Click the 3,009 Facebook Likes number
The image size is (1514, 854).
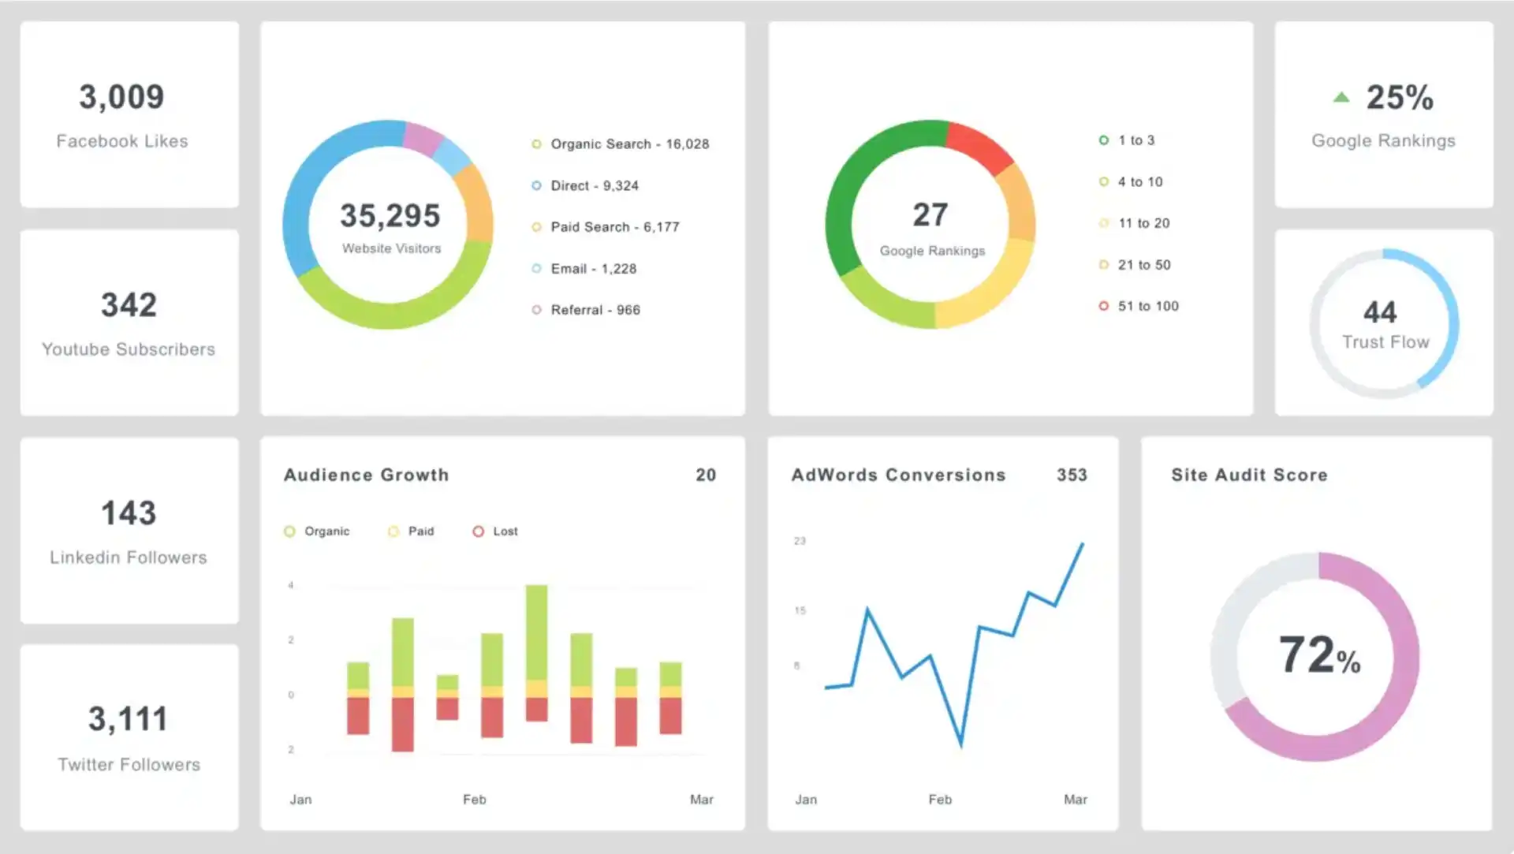[x=121, y=97]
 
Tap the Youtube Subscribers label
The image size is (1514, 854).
[x=129, y=349]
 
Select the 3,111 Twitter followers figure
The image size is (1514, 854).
[x=128, y=719]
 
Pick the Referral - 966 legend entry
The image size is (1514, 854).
[x=595, y=310]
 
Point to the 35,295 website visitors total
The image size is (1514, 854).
[x=390, y=215]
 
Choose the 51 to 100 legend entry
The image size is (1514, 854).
[x=1147, y=306]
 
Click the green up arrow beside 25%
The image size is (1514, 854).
[x=1341, y=98]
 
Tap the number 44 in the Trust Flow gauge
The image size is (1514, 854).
[x=1380, y=312]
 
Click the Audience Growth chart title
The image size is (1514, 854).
[x=366, y=475]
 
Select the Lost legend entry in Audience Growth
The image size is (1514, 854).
[x=505, y=531]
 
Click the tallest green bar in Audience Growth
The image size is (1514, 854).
[x=536, y=631]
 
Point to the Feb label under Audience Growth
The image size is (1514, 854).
[x=474, y=800]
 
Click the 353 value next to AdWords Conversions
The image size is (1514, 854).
[x=1072, y=475]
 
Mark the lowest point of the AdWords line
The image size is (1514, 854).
[x=960, y=744]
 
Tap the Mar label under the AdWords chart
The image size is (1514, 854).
[x=1075, y=800]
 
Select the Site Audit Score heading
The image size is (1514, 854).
[x=1249, y=475]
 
